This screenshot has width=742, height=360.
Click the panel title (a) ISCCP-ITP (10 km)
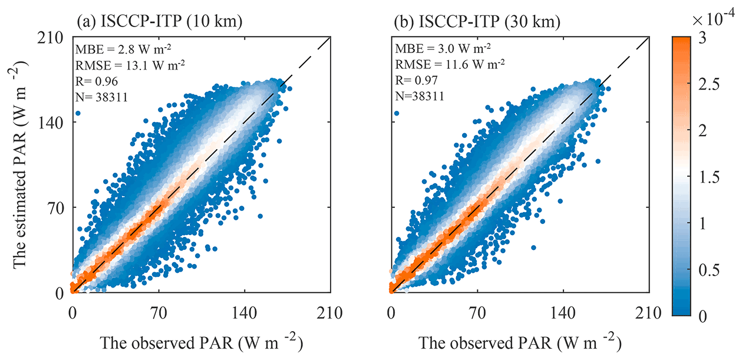coord(160,23)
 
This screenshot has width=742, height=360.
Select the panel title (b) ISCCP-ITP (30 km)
coord(478,23)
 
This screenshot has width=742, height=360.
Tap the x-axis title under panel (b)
coord(520,342)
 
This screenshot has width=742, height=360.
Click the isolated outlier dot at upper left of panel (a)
coord(78,113)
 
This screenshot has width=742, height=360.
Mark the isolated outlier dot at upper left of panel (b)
coord(396,113)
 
